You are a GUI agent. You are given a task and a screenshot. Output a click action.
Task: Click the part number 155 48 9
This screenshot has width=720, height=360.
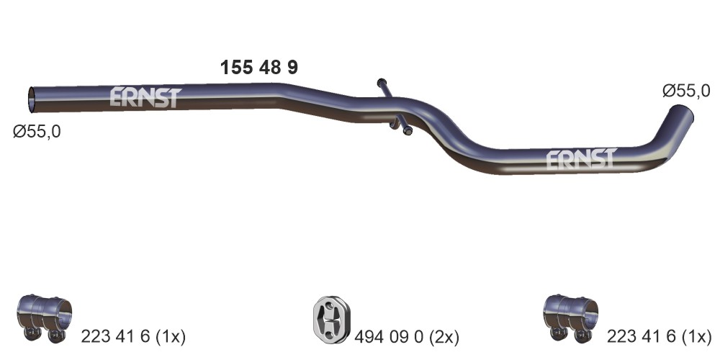(x=259, y=68)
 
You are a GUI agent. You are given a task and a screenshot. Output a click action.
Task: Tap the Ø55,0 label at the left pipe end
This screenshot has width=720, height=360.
(x=37, y=132)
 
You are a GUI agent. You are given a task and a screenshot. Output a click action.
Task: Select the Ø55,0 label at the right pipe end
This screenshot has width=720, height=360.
(x=686, y=91)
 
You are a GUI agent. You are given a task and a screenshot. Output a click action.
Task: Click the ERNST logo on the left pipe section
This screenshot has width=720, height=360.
(x=145, y=97)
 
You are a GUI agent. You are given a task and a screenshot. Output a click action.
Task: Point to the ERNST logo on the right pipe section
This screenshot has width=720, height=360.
(x=581, y=159)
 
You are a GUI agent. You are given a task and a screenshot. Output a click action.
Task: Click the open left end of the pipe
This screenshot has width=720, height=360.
(x=32, y=99)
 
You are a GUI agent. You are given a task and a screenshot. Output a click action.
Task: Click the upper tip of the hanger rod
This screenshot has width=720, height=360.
(x=382, y=83)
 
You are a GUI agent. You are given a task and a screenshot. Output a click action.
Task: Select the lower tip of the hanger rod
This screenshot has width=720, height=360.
(x=408, y=131)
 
